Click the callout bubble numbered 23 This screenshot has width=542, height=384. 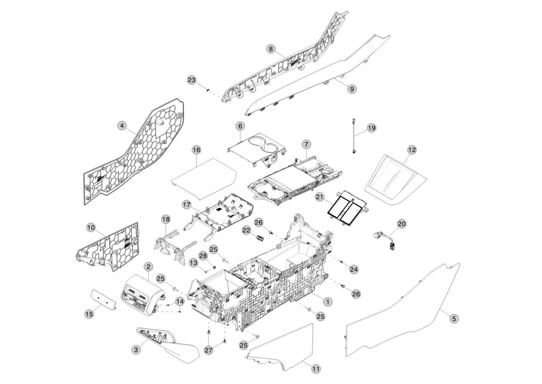[x=192, y=80]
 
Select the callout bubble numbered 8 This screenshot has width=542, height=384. [x=271, y=49]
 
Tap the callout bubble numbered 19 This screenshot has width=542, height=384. [x=372, y=128]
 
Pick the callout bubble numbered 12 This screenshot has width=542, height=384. [x=412, y=150]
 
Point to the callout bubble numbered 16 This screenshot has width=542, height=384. [x=196, y=150]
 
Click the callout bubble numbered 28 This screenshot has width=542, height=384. [x=203, y=256]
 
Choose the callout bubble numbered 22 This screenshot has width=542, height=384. [x=246, y=230]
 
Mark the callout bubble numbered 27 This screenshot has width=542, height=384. [x=209, y=350]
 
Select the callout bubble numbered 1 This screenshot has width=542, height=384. [x=328, y=302]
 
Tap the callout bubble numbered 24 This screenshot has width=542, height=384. [x=354, y=269]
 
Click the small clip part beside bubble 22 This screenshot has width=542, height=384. [x=260, y=237]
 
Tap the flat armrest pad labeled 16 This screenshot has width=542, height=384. [x=204, y=179]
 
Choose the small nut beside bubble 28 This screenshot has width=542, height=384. [x=214, y=267]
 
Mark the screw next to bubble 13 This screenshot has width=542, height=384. [x=206, y=271]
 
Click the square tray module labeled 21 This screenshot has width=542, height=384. [x=347, y=209]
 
